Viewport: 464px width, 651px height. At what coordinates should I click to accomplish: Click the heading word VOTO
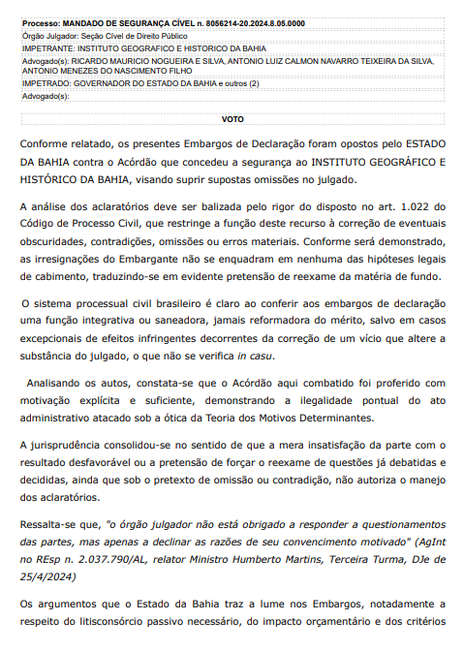click(232, 119)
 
